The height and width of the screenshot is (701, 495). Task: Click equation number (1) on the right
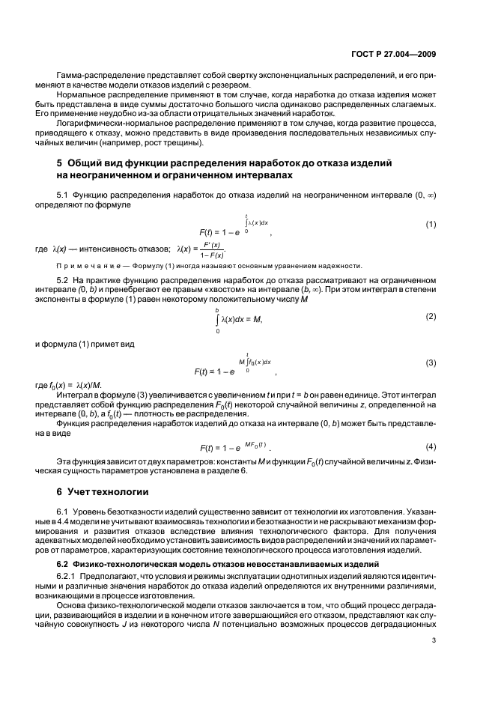point(431,225)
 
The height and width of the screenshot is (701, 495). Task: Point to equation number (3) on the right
point(431,362)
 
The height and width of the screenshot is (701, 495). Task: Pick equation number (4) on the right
point(431,446)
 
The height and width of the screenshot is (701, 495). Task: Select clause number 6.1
point(66,510)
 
